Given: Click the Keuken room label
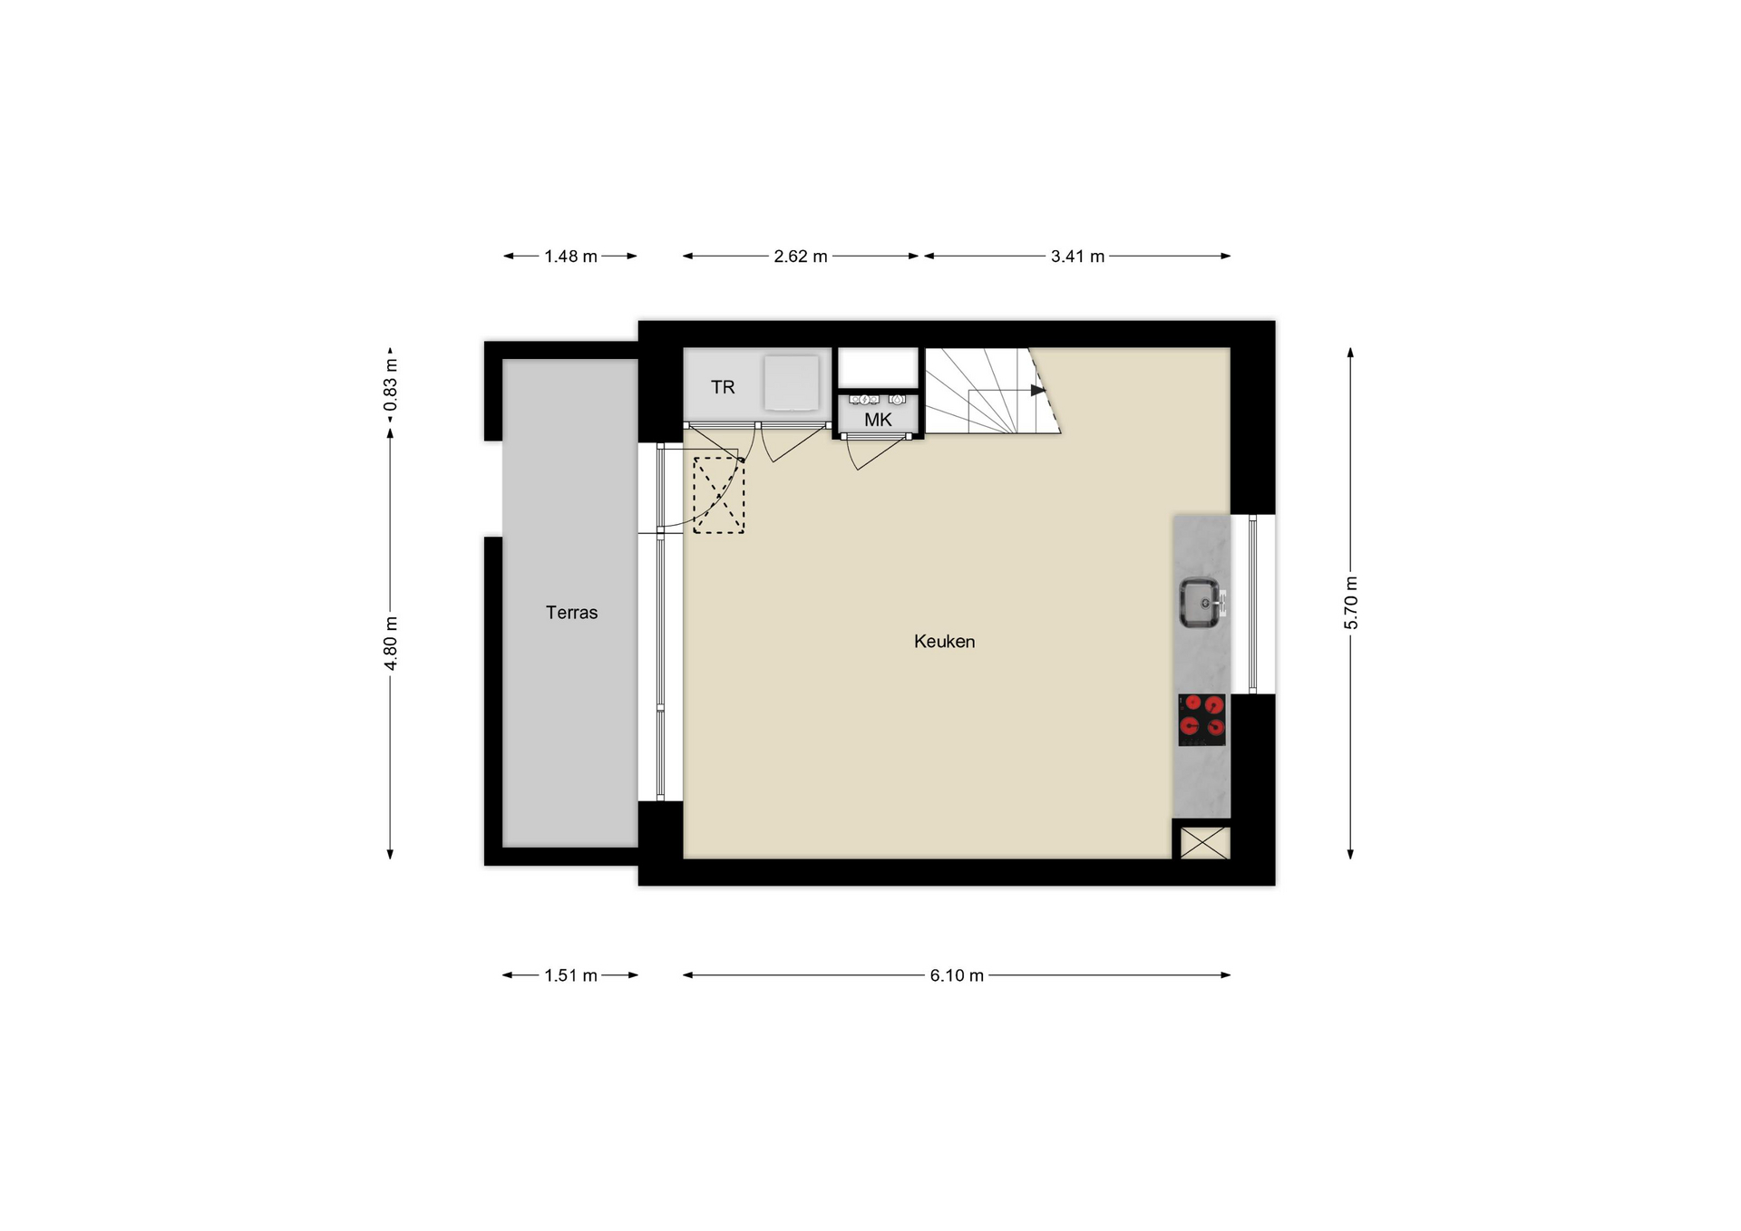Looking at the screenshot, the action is tap(944, 642).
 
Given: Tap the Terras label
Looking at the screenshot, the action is tap(571, 613).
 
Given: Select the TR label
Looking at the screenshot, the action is tap(723, 388).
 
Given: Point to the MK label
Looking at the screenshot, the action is tap(878, 421).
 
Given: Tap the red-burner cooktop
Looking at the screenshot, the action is tap(1201, 720).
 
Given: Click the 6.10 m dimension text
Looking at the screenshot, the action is tap(957, 976).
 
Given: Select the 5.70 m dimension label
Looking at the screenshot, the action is tap(1351, 603).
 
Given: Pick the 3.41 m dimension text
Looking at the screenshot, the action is tap(1077, 257).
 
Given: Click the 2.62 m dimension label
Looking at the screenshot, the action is tap(801, 257).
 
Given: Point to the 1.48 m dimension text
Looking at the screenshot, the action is tap(570, 257).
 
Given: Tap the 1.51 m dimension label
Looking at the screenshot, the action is tap(570, 976).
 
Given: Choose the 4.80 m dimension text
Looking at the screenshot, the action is tap(391, 644).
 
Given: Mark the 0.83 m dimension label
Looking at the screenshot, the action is tap(391, 385).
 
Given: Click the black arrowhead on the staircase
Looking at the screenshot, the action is tap(1038, 391).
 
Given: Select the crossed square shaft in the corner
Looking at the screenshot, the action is tap(1205, 842).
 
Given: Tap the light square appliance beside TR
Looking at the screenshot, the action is tap(791, 383).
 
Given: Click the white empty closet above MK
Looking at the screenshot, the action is tap(878, 367).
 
